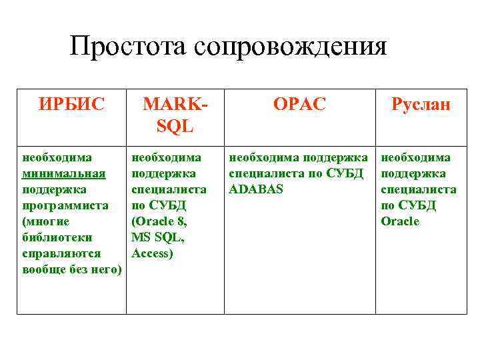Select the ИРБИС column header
click(71, 105)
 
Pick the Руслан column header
click(421, 105)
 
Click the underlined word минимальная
click(64, 173)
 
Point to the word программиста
click(65, 205)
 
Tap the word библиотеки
click(57, 237)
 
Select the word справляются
click(61, 253)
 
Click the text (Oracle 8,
click(160, 221)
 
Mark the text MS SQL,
click(158, 237)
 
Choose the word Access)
click(153, 253)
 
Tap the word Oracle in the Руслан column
click(400, 221)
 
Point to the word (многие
click(46, 221)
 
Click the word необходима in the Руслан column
click(415, 157)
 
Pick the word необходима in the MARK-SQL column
click(167, 157)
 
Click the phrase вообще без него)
click(72, 269)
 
